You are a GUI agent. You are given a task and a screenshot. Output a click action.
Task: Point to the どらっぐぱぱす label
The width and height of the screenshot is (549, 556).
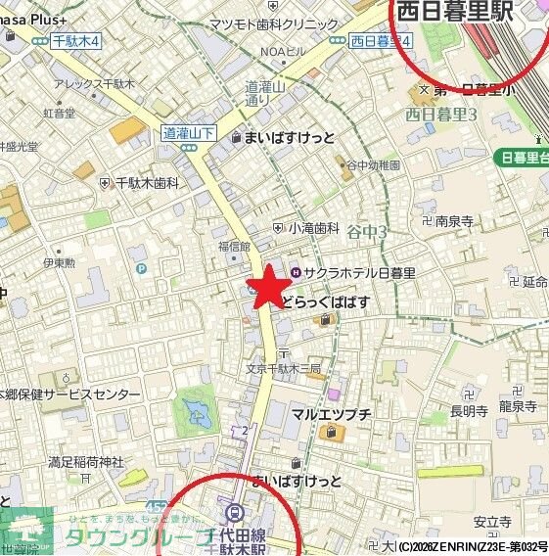(326, 302)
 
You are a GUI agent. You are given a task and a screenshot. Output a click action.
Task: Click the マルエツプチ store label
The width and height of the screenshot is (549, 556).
(331, 413)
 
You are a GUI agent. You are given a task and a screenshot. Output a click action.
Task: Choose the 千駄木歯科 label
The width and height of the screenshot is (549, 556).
(147, 182)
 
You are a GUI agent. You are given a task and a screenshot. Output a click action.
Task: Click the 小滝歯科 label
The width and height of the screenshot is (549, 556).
(313, 227)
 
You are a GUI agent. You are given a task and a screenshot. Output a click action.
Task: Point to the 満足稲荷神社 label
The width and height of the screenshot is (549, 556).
(86, 461)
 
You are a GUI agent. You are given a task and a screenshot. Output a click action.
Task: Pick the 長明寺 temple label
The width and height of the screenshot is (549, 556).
(469, 411)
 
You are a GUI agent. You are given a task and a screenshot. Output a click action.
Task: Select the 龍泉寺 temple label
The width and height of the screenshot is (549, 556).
(519, 405)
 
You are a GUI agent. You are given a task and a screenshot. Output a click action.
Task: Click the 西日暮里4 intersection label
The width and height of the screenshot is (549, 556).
(382, 41)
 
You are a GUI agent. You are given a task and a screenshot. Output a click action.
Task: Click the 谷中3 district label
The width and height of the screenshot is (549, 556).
(369, 232)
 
